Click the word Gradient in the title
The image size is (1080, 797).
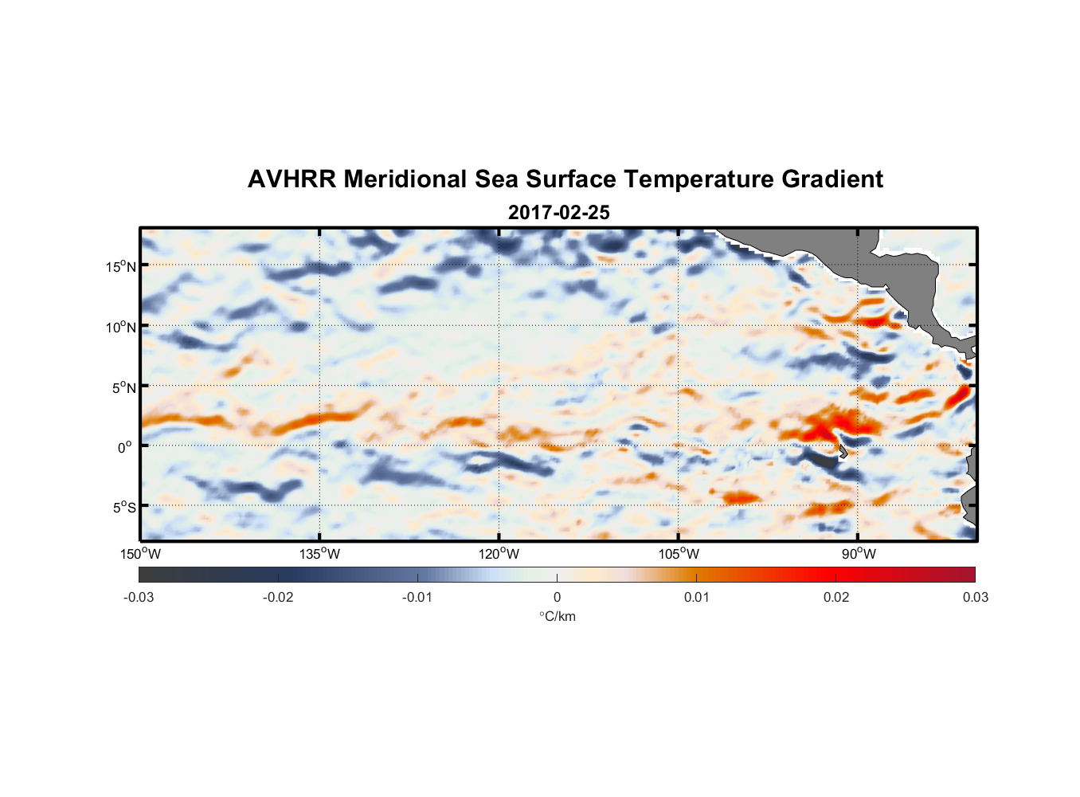click(832, 179)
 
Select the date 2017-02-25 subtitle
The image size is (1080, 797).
click(559, 213)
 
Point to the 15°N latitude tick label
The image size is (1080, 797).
click(121, 266)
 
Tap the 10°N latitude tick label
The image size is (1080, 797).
click(121, 327)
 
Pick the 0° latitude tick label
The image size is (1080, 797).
click(125, 447)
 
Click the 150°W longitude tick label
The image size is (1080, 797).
click(141, 554)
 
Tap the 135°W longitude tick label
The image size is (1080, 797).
click(320, 554)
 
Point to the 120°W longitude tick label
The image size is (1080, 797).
click(499, 554)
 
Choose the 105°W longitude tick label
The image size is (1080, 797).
click(679, 554)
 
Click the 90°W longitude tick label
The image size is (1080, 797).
click(859, 554)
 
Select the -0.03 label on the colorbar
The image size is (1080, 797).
click(139, 598)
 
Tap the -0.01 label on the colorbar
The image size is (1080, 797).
click(417, 598)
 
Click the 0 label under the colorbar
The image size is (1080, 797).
click(557, 598)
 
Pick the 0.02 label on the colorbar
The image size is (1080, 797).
click(836, 598)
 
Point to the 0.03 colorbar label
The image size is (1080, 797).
click(975, 598)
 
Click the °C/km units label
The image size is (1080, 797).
click(558, 617)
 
